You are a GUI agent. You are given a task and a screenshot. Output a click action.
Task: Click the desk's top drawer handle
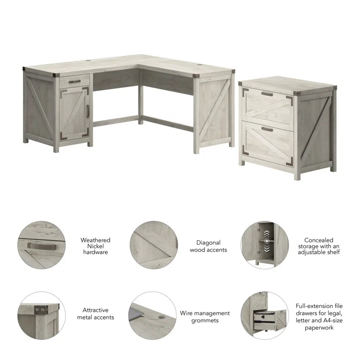[74, 82]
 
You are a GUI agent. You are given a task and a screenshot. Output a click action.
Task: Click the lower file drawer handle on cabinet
[267, 129]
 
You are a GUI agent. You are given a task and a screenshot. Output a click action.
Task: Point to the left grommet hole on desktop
[91, 61]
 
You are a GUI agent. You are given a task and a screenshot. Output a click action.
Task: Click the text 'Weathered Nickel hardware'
[95, 246]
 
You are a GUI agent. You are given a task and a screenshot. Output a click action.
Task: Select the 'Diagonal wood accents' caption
[208, 246]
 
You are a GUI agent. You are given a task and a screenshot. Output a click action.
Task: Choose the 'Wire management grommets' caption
[205, 317]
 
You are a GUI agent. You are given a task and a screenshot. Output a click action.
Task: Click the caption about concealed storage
[322, 246]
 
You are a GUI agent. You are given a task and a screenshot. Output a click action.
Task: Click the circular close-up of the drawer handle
[41, 245]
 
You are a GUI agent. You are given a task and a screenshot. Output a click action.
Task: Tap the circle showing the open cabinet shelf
[265, 245]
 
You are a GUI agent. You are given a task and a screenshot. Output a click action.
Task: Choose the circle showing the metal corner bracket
[41, 316]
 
